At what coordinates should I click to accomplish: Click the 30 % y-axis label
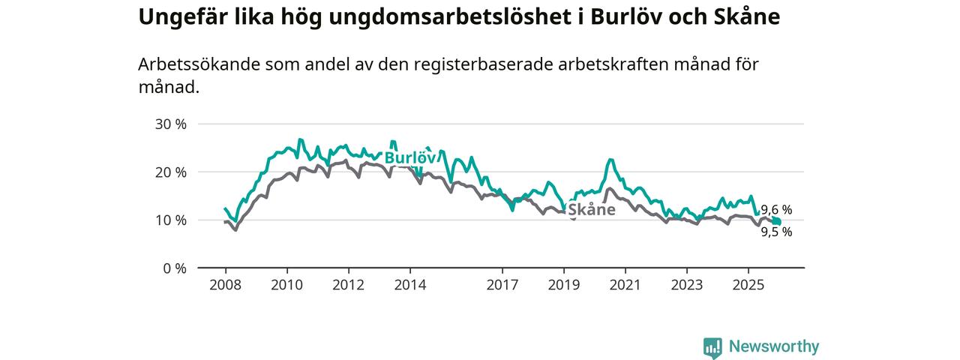click(x=170, y=124)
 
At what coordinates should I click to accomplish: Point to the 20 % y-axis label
click(x=170, y=172)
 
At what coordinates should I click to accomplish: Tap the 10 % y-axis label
click(x=170, y=220)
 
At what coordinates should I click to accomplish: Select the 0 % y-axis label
click(x=174, y=268)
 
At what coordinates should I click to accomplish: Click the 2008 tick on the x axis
click(x=225, y=285)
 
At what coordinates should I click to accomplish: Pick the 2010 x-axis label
click(x=286, y=285)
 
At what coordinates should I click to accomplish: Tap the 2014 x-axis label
click(x=409, y=285)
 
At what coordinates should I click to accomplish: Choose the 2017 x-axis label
click(x=502, y=285)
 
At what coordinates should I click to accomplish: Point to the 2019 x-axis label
click(x=564, y=285)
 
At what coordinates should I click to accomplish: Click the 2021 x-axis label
click(x=625, y=285)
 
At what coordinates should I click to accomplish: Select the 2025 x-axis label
click(x=748, y=285)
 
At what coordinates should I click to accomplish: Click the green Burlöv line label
click(x=410, y=158)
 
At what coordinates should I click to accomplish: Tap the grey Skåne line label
click(x=592, y=210)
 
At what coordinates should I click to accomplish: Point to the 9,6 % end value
click(x=776, y=210)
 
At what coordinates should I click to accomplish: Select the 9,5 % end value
click(x=776, y=232)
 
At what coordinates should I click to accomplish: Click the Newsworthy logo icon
click(x=712, y=347)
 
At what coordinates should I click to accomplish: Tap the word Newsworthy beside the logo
click(x=774, y=346)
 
